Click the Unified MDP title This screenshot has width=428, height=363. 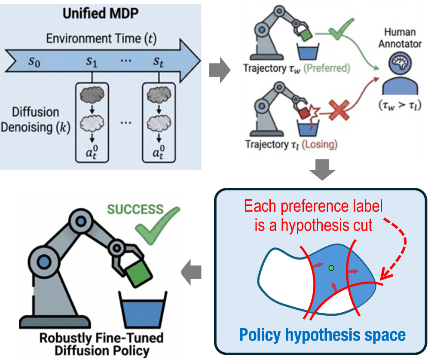[101, 13]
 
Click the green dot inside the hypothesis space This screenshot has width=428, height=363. [330, 268]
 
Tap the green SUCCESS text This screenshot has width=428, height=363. [136, 210]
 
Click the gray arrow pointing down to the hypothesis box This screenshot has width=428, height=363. [321, 170]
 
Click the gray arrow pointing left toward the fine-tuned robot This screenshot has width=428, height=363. [190, 274]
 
